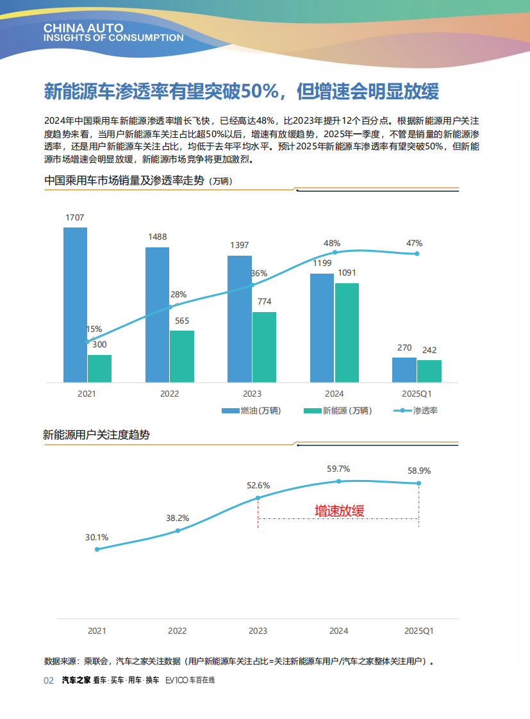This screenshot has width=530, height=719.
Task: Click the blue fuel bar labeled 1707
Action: (75, 304)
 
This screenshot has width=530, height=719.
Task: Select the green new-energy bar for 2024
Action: (347, 333)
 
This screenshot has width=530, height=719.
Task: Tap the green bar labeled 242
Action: (429, 371)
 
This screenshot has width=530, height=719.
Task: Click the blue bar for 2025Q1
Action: (404, 370)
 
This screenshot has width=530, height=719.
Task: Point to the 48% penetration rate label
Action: (332, 243)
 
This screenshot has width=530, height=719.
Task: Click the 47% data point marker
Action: (417, 254)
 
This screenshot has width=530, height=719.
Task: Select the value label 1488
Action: (157, 236)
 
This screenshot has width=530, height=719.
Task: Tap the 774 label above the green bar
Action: (264, 301)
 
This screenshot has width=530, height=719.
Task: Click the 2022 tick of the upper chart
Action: (169, 393)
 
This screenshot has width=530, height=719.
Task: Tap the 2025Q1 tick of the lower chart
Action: (419, 631)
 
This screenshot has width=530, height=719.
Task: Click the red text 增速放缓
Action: (339, 511)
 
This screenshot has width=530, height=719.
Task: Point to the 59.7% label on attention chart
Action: (338, 468)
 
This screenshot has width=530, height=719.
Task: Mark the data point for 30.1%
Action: (97, 549)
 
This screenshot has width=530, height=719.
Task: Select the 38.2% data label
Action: (178, 518)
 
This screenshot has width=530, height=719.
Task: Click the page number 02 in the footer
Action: (49, 680)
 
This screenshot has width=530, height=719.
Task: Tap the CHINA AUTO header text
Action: (78, 29)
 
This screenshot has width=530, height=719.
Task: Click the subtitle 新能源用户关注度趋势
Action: (96, 434)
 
